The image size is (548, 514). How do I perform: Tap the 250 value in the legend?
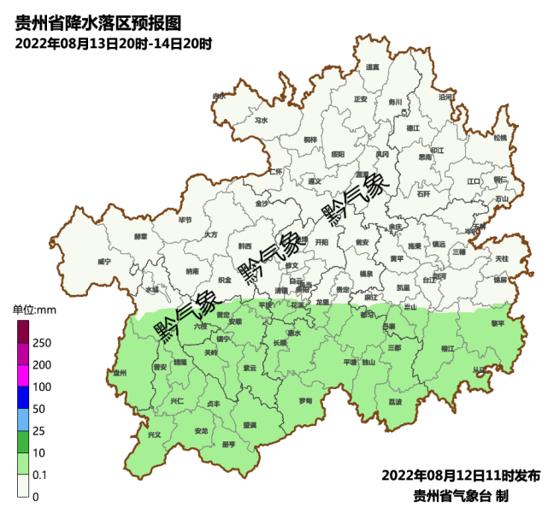click(x=41, y=343)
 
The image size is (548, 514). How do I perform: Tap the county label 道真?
click(x=372, y=68)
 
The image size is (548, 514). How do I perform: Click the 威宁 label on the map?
click(x=104, y=261)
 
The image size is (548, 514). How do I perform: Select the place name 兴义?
click(x=155, y=435)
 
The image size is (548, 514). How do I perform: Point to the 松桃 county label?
click(x=500, y=138)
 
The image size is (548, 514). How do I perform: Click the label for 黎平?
click(x=498, y=324)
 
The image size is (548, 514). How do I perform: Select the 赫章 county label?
click(x=141, y=236)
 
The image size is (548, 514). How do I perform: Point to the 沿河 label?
click(x=445, y=97)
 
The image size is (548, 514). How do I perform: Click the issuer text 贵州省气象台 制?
click(x=461, y=495)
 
